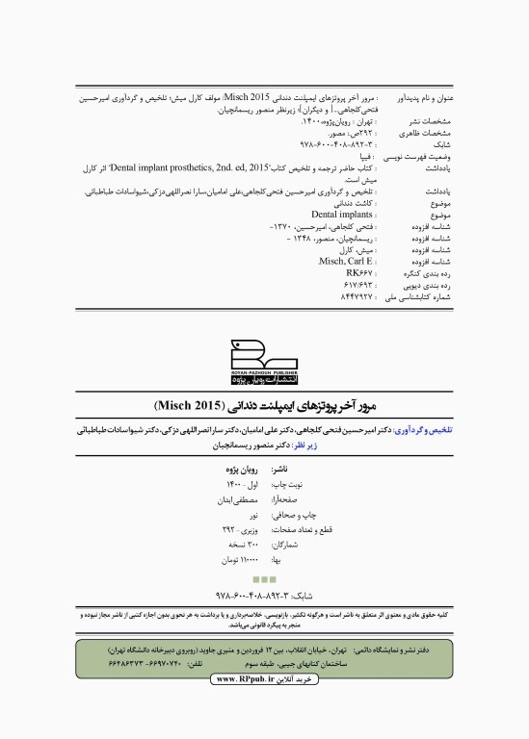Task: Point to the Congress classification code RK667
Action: (359, 273)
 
